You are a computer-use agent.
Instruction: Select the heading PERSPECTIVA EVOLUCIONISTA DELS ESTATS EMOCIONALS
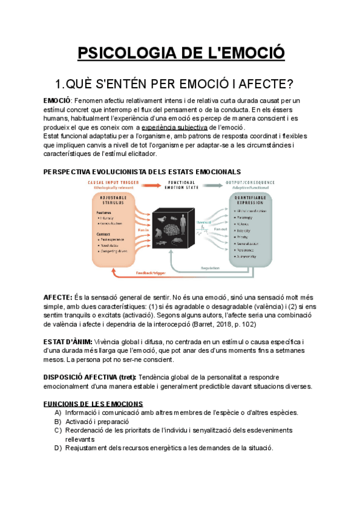pyautogui.click(x=142, y=172)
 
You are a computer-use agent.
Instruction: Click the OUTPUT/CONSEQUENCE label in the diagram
pyautogui.click(x=250, y=181)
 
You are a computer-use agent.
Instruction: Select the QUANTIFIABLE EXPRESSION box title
pyautogui.click(x=252, y=200)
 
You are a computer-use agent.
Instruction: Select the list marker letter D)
pyautogui.click(x=58, y=448)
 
